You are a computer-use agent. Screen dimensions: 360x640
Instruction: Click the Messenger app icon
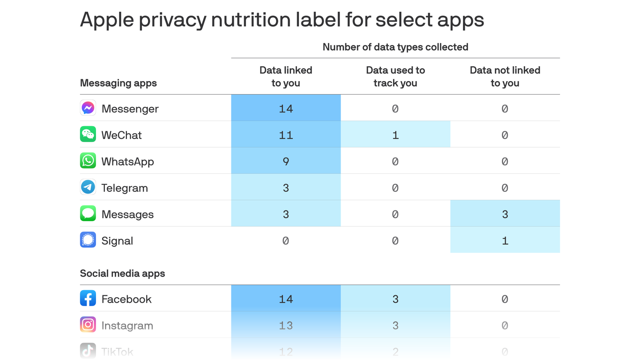(88, 108)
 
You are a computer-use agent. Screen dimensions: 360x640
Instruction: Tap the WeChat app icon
(88, 135)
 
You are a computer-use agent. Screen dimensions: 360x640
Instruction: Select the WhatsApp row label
(127, 161)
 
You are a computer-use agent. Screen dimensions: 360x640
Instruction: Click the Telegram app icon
(88, 187)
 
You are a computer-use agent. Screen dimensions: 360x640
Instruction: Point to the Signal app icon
(88, 240)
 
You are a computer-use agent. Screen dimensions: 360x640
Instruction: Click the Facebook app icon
(88, 299)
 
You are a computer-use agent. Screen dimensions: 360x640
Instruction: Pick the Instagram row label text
(127, 325)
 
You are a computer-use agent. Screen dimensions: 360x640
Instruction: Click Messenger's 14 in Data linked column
(286, 108)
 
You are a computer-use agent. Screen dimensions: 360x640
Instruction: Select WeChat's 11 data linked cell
(286, 135)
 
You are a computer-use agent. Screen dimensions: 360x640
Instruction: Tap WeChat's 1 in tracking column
(395, 135)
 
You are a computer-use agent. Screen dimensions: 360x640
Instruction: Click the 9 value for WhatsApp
(286, 161)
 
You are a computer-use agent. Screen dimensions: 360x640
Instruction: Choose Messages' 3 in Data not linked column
(505, 214)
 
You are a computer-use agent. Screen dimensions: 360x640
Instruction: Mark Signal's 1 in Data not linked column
(505, 240)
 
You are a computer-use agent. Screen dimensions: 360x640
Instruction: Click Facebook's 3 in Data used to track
(395, 299)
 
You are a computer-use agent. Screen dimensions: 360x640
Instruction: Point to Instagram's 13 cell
(286, 325)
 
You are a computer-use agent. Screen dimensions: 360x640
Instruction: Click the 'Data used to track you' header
(395, 76)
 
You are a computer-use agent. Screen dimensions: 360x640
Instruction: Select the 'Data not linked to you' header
(505, 76)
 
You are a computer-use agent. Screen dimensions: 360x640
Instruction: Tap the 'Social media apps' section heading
(122, 273)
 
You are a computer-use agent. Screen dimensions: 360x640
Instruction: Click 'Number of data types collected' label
(395, 47)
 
